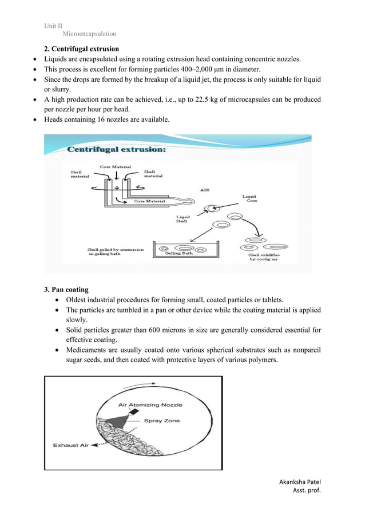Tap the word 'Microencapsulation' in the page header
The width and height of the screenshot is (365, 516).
[89, 34]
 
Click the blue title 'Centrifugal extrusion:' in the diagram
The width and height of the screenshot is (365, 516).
[117, 150]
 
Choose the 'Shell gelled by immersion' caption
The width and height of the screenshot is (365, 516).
[115, 252]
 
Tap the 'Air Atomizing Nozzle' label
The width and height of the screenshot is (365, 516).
[150, 405]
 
